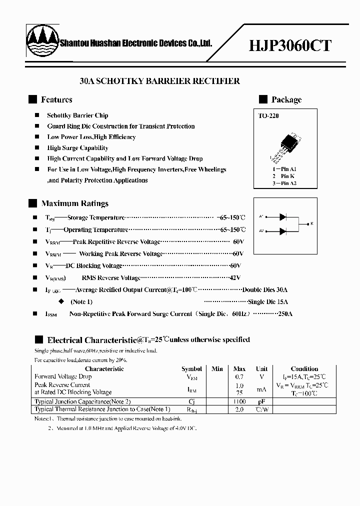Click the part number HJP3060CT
coord(290,45)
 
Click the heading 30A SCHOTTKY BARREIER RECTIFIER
coord(159,80)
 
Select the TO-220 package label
coord(269,116)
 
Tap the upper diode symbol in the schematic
coord(283,216)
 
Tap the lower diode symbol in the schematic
coord(283,231)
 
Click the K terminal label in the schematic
coord(311,223)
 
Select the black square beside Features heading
coord(33,99)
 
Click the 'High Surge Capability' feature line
coord(77,148)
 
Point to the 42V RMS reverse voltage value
coord(235,277)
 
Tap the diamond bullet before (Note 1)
coord(61,301)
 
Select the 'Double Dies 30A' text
coord(265,289)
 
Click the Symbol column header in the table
coord(191,368)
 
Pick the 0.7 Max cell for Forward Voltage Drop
coord(239,376)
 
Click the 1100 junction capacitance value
coord(239,401)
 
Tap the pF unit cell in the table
coord(261,401)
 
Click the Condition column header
coord(304,368)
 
